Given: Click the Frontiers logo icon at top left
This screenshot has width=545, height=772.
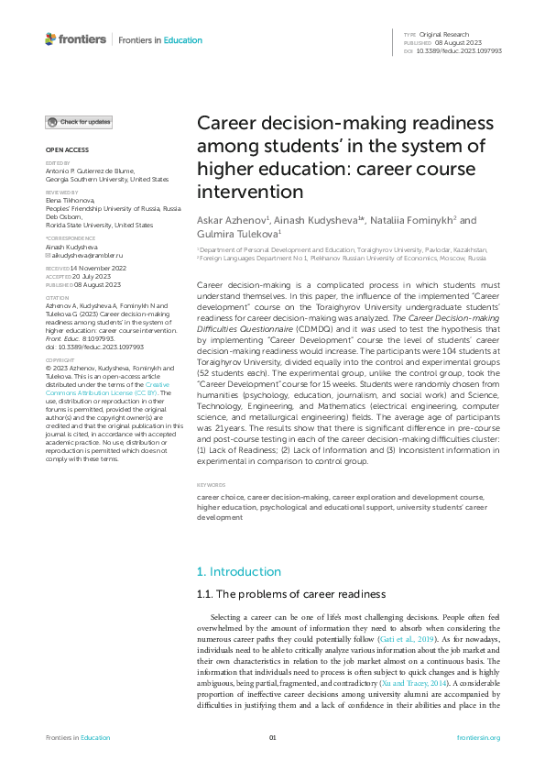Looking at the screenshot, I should [50, 39].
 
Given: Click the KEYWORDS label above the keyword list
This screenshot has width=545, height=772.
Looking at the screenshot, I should [211, 484].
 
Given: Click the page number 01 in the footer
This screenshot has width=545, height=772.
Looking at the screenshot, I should [272, 738].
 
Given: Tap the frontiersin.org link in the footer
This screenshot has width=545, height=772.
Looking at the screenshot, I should [479, 738].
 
